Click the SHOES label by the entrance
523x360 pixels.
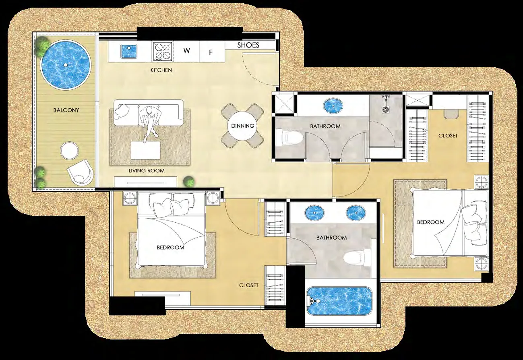(248, 45)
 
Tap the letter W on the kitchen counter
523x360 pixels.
(186, 51)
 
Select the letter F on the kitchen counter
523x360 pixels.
(211, 52)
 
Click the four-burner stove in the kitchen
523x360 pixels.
(163, 52)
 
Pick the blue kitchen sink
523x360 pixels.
(129, 52)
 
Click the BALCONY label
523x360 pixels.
(66, 110)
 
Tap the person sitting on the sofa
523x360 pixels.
(149, 122)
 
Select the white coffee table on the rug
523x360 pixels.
(146, 151)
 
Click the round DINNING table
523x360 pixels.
(242, 126)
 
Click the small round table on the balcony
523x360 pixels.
(69, 151)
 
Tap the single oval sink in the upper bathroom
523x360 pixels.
(333, 106)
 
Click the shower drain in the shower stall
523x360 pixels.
(386, 109)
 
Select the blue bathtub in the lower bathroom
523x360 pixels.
(339, 301)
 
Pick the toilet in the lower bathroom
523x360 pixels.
(357, 258)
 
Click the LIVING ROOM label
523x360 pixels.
(147, 171)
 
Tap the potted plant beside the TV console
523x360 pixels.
(189, 181)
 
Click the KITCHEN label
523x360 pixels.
(161, 70)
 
